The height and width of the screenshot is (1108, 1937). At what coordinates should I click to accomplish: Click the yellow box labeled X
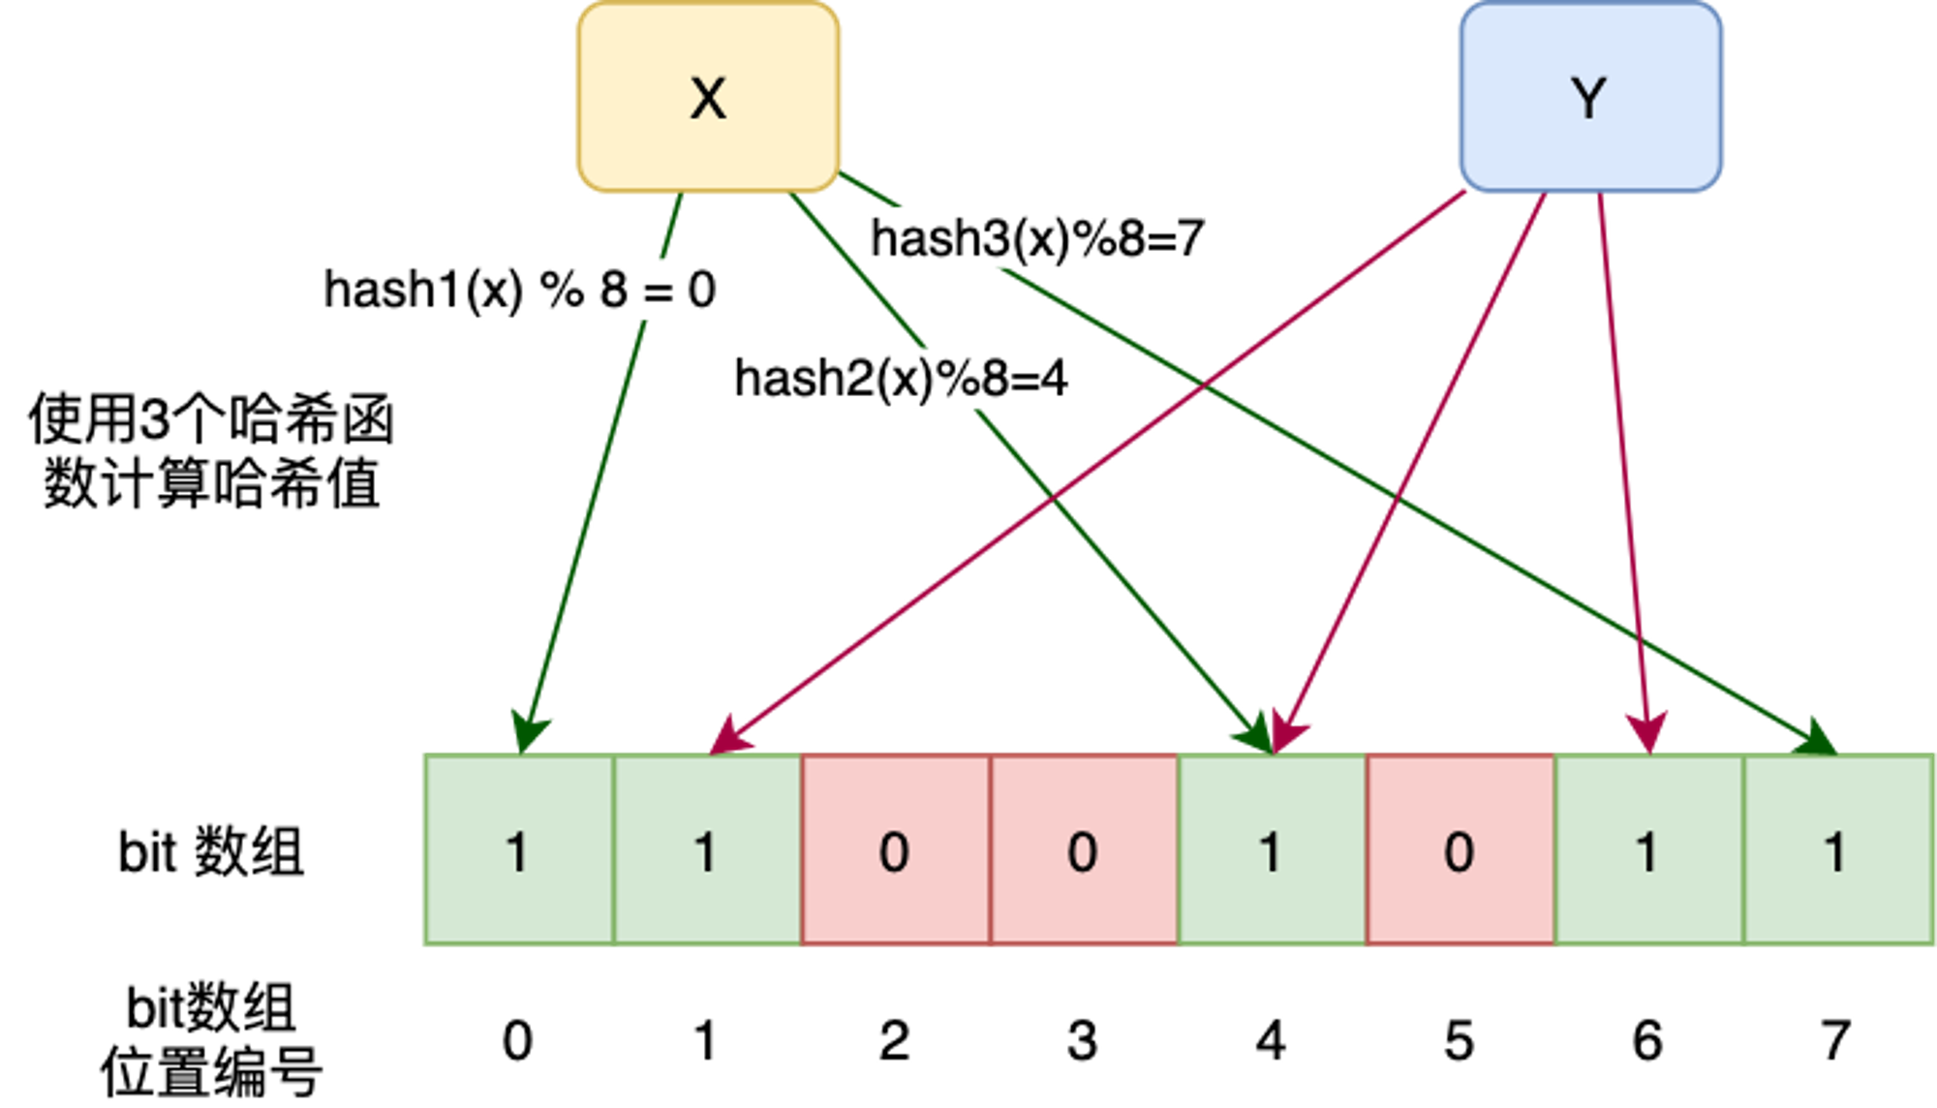[x=708, y=97]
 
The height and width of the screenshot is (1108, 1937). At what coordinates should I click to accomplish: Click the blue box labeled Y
[x=1590, y=97]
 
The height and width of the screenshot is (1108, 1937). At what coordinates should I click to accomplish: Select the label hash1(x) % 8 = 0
[x=520, y=290]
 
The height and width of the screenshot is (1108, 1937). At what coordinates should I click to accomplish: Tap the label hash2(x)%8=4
[x=901, y=378]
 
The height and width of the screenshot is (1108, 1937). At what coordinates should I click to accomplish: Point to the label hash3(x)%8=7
[x=1037, y=238]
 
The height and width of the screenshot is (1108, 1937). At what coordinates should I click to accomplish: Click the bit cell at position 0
[x=519, y=849]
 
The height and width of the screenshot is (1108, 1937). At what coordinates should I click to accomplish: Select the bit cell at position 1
[x=708, y=849]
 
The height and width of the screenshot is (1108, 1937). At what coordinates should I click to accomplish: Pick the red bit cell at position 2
[x=896, y=849]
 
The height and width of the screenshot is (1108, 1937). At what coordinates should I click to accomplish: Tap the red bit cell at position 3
[x=1084, y=849]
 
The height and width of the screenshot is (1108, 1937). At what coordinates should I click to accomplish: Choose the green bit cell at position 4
[x=1273, y=849]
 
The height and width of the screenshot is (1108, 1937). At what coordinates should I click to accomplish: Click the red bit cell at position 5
[x=1460, y=849]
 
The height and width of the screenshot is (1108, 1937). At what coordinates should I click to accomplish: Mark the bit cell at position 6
[x=1649, y=849]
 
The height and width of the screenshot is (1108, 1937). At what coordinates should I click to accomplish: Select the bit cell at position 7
[x=1838, y=849]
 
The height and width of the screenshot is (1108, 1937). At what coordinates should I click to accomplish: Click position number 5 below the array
[x=1460, y=1041]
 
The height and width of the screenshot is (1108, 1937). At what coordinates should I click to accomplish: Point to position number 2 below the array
[x=894, y=1041]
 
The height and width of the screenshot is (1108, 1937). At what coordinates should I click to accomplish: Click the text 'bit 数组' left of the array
[x=211, y=852]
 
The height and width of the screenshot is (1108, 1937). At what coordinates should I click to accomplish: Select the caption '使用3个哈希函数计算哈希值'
[x=211, y=450]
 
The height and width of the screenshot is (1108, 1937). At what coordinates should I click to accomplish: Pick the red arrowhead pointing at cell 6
[x=1647, y=732]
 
